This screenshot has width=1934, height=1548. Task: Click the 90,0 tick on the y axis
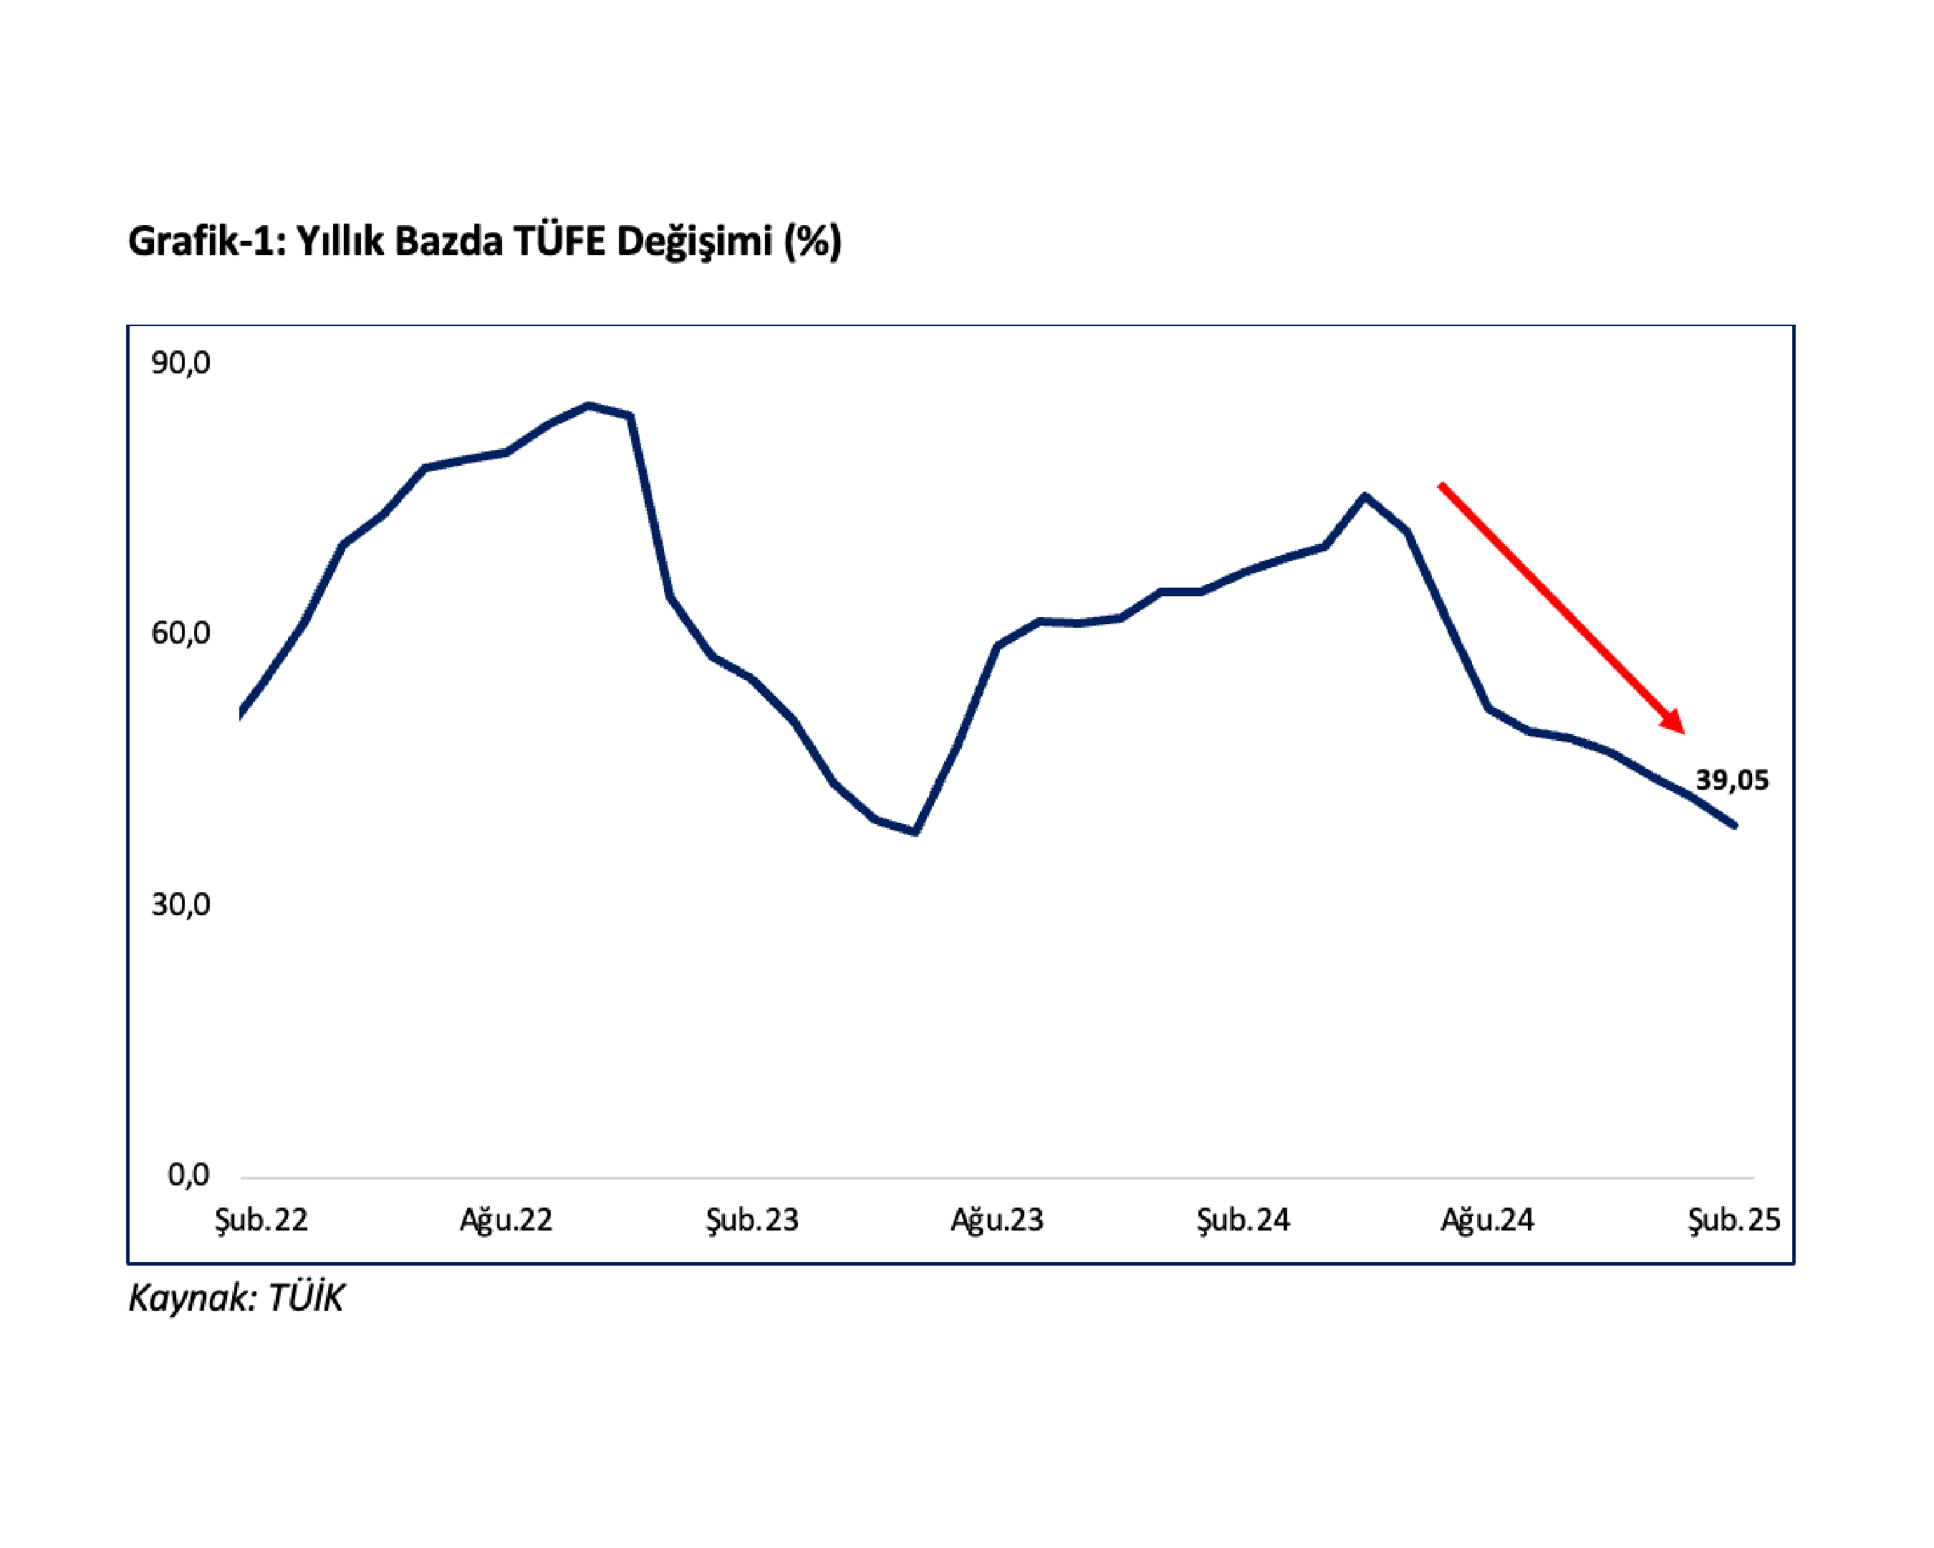coord(181,363)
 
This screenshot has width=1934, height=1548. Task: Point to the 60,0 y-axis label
coord(181,634)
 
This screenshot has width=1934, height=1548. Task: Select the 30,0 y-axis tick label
coord(181,904)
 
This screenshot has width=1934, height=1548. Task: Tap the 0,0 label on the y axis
coord(188,1175)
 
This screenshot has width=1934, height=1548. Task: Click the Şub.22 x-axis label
coord(261,1220)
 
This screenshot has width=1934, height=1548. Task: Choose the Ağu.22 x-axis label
coord(506,1220)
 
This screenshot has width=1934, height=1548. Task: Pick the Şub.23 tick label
coord(751,1220)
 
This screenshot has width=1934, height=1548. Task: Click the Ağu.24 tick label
coord(1487,1220)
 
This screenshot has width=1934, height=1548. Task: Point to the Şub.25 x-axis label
coord(1733,1220)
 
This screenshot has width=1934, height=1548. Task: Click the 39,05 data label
coord(1731,780)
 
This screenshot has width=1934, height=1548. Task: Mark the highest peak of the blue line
coord(589,406)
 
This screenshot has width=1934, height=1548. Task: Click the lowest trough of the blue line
coord(915,832)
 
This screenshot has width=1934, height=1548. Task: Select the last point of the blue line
coord(1734,826)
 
